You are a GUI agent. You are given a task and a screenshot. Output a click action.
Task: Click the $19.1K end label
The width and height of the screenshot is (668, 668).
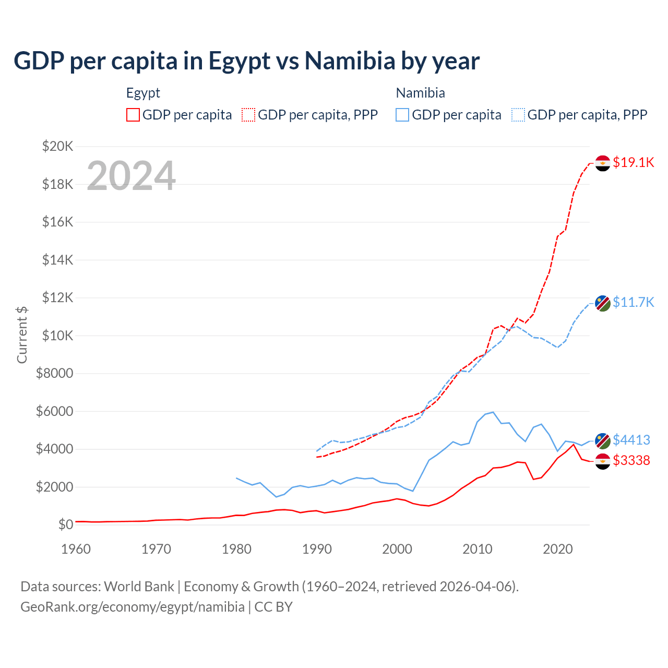click(x=633, y=162)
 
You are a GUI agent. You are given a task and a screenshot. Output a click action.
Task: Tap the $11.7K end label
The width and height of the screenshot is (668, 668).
click(x=633, y=302)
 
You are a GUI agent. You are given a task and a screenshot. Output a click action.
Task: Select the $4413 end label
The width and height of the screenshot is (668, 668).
click(x=631, y=440)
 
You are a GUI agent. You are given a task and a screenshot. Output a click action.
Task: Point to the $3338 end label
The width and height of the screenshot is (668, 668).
click(x=631, y=460)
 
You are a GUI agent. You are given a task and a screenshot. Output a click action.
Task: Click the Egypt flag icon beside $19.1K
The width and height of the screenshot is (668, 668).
click(x=603, y=163)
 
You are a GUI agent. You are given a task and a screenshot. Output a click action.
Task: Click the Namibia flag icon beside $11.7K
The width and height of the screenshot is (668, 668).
click(x=603, y=303)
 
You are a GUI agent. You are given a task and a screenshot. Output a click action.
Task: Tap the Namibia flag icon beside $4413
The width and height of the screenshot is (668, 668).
click(x=603, y=441)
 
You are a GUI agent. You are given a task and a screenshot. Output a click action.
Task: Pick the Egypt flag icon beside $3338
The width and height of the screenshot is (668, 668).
click(x=603, y=461)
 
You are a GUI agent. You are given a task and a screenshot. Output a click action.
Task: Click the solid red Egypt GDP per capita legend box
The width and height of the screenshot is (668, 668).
click(x=133, y=115)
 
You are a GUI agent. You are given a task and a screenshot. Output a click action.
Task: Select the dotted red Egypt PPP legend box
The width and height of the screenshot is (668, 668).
click(x=248, y=115)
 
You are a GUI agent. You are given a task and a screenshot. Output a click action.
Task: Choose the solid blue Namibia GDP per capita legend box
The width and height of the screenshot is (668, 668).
click(x=402, y=115)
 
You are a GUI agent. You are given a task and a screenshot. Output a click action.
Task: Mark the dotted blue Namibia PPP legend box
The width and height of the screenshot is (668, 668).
click(x=518, y=115)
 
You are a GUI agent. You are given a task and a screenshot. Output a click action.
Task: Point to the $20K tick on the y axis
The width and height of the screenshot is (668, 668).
click(x=57, y=146)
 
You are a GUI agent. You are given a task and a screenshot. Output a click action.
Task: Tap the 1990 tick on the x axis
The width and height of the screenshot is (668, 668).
click(x=317, y=549)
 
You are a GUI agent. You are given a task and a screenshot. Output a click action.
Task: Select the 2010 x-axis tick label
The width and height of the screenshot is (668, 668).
click(x=478, y=549)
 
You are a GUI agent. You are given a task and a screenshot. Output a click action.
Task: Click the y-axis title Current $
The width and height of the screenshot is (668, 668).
click(x=22, y=335)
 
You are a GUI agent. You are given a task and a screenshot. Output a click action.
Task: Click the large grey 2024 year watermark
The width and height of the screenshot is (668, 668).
click(x=131, y=176)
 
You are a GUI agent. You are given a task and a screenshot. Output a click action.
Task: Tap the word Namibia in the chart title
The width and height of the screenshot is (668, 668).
click(x=350, y=61)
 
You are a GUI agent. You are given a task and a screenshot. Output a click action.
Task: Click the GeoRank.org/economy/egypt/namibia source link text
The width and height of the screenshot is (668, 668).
click(x=133, y=607)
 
